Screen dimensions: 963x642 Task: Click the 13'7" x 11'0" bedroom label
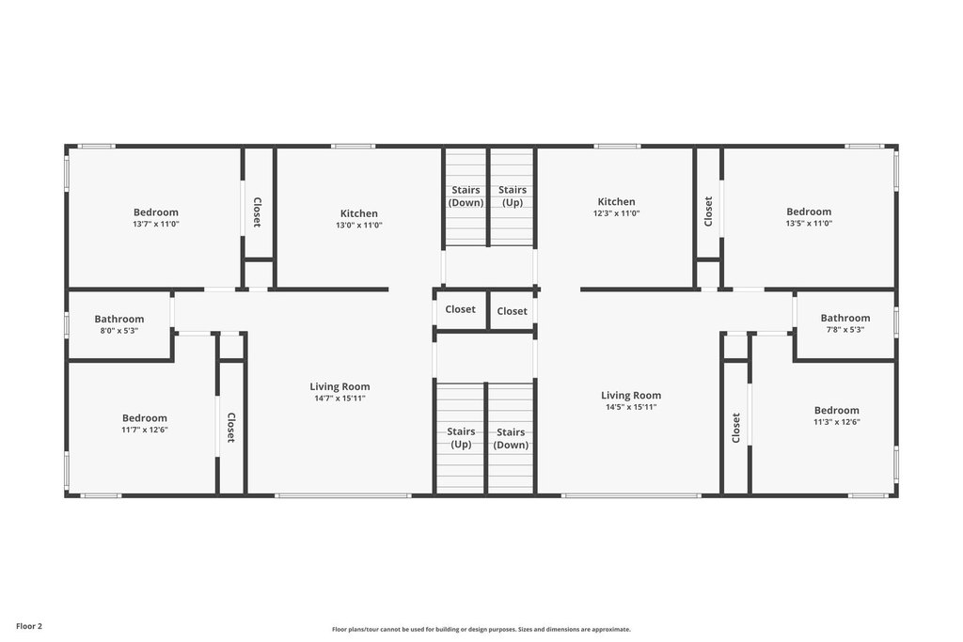coord(156,218)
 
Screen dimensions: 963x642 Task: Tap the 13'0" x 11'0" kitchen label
coord(359,219)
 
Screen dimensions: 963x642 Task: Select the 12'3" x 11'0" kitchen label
coord(617,207)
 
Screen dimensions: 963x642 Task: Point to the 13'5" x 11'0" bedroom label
coord(809,217)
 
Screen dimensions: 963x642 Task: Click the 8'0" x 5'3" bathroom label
coord(119,324)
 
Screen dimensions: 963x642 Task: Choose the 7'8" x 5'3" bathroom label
coord(845,322)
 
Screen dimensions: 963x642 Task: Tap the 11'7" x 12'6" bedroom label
coord(144,424)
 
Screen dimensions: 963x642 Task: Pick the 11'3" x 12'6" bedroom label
coord(836,415)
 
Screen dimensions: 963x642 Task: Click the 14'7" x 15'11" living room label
coord(339,392)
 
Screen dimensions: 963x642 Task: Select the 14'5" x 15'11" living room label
coord(631,400)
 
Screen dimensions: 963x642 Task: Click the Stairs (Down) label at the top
coord(466,196)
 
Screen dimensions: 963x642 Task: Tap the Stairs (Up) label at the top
coord(513,196)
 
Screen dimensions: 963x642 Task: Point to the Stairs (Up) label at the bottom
coord(461,438)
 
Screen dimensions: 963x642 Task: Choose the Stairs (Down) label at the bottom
coord(511,438)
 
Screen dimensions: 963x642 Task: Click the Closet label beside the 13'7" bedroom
coord(258,211)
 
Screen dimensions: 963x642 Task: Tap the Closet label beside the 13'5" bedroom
coord(708,211)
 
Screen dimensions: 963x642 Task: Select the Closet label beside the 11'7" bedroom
coord(231,427)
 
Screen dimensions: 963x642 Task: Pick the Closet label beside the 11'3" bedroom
coord(735,428)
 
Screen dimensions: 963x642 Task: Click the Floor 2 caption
coord(29,627)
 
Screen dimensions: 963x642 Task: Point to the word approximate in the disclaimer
coord(611,629)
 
